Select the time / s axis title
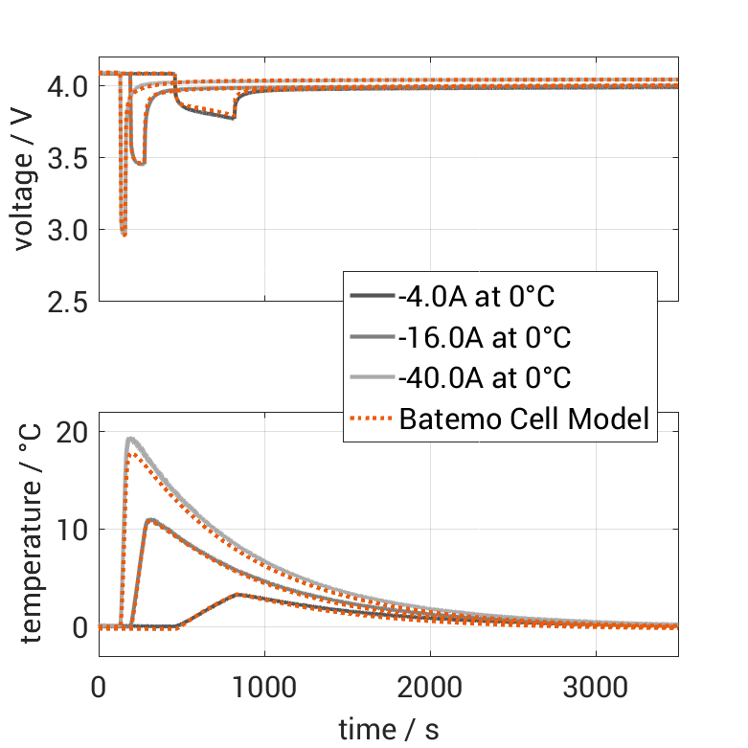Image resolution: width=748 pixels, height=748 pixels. tap(388, 729)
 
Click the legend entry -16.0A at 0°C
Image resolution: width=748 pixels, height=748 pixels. tap(483, 337)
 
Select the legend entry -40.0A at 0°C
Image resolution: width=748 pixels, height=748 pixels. tap(483, 377)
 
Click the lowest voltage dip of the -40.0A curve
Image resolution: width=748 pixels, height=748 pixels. tap(124, 234)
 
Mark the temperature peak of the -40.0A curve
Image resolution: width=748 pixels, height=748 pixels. tap(131, 439)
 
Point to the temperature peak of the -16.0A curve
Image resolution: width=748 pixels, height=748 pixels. tap(149, 520)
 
